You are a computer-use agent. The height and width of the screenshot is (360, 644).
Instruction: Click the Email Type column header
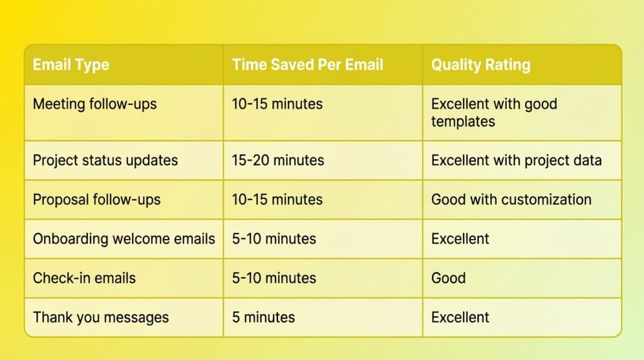click(x=71, y=65)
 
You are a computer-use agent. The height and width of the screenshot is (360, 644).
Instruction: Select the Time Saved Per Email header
click(x=308, y=65)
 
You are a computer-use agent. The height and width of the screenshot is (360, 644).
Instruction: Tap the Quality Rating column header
click(x=480, y=65)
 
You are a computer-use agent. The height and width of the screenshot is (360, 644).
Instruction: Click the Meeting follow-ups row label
click(x=95, y=104)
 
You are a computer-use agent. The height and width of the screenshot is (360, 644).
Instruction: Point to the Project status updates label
click(x=105, y=160)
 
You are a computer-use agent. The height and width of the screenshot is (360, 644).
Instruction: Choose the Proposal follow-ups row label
click(x=96, y=200)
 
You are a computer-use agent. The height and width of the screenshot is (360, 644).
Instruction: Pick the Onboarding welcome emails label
click(x=124, y=239)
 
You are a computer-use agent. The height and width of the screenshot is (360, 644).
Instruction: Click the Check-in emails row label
click(x=84, y=278)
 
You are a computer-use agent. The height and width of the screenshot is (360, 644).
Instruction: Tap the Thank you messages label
click(x=101, y=318)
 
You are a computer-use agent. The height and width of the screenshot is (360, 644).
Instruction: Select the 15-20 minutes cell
click(x=278, y=160)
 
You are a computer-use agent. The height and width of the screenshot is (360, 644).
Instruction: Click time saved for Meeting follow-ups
click(x=277, y=104)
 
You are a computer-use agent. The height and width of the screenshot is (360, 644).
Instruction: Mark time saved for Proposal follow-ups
click(x=277, y=200)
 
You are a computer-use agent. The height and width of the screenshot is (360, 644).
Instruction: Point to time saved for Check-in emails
click(x=274, y=278)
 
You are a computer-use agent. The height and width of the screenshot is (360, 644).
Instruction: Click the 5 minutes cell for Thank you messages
click(x=264, y=317)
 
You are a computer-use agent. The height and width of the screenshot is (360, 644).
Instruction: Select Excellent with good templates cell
click(x=494, y=113)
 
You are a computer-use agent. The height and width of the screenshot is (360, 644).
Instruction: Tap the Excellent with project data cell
click(x=516, y=160)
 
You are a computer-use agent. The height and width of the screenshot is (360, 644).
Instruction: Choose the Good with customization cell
click(x=511, y=200)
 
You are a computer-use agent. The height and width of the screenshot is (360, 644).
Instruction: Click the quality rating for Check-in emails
click(x=448, y=278)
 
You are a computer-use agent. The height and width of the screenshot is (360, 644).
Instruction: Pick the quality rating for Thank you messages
click(x=460, y=317)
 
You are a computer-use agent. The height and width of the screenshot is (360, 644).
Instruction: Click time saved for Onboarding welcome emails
click(x=274, y=239)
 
